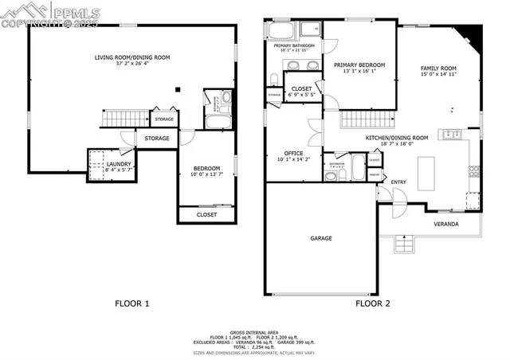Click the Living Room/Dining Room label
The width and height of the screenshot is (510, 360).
(132, 57)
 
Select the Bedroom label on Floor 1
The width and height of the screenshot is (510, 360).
(206, 168)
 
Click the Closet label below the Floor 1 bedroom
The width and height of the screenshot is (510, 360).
(206, 214)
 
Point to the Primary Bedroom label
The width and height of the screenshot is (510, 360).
(359, 65)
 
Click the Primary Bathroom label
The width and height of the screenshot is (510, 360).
(295, 46)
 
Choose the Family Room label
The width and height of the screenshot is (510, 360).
(438, 68)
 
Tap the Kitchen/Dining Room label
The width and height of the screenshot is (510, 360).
(397, 138)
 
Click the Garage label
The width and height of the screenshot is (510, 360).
(321, 237)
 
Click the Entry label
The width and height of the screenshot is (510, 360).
(398, 182)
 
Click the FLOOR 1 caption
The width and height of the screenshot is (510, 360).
(132, 303)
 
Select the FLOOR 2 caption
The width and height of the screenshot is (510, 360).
(372, 303)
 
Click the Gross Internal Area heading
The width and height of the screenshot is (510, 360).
(254, 332)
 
